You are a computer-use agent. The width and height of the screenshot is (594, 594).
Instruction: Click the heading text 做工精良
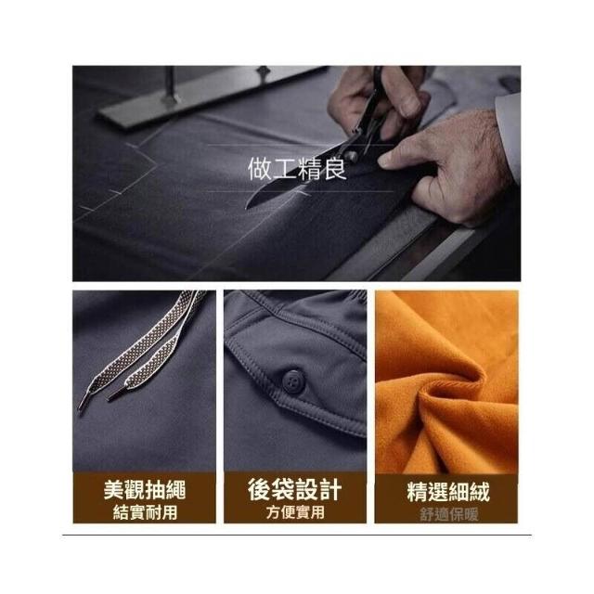297,168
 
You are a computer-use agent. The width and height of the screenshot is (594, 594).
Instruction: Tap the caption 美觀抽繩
145,489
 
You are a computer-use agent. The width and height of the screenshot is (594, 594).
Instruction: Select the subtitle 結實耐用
145,512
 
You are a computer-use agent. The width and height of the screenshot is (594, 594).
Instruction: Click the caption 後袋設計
295,489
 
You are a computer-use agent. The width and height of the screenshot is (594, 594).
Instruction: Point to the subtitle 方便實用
295,512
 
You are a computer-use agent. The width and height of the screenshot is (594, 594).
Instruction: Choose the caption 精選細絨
448,491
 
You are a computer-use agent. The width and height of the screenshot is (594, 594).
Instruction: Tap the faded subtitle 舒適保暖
448,515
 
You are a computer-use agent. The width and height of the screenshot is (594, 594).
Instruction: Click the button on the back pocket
291,380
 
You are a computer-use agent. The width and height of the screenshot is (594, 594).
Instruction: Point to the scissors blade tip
248,205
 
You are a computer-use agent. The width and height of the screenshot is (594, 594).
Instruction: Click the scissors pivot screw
351,156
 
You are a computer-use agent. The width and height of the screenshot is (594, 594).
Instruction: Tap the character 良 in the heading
335,168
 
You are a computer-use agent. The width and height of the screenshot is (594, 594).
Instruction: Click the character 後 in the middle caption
260,489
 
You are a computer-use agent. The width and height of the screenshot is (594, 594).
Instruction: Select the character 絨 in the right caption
480,491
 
